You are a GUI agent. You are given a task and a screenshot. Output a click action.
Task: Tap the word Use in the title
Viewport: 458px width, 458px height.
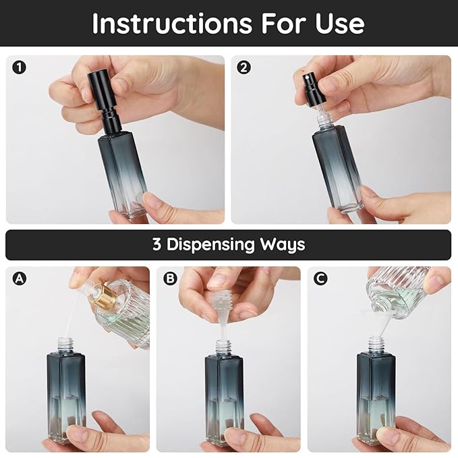click(339, 24)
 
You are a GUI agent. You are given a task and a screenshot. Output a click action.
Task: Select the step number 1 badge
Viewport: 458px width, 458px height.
click(19, 67)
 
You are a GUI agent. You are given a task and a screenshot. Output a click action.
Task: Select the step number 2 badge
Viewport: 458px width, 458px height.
click(244, 67)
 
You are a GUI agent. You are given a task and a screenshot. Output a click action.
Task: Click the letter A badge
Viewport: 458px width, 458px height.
click(19, 278)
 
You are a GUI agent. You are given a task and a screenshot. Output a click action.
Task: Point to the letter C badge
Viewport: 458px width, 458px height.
click(320, 278)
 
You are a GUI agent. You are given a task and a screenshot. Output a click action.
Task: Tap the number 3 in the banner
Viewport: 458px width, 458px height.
click(156, 244)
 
